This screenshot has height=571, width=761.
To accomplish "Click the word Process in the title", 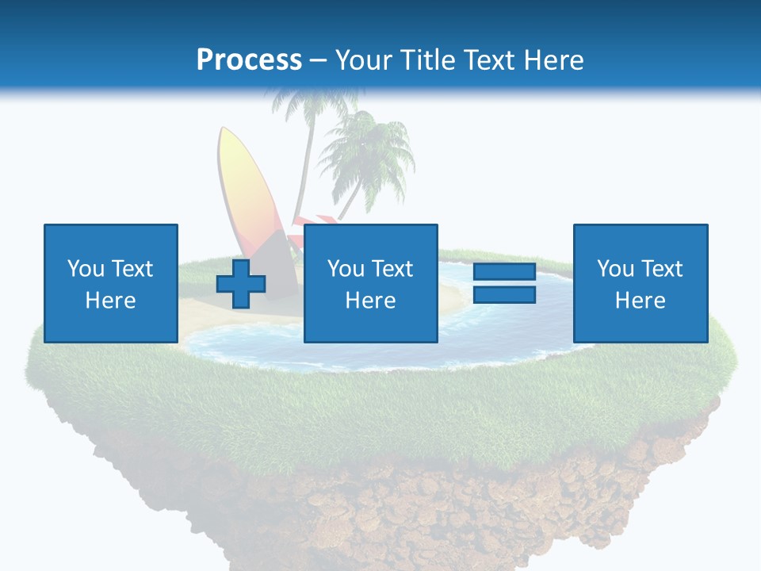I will click(x=249, y=59).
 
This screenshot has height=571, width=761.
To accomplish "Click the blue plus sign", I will click(x=241, y=284).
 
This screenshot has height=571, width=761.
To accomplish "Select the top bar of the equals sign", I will click(x=504, y=272).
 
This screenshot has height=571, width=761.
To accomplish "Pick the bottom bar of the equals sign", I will click(x=504, y=295).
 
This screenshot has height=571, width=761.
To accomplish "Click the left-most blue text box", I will click(x=110, y=283).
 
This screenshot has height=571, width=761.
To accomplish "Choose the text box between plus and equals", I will click(x=370, y=283).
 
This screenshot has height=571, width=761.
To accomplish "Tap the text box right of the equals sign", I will click(x=640, y=283).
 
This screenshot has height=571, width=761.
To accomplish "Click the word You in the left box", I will click(x=84, y=269).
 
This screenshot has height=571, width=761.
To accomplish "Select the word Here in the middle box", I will click(x=370, y=301).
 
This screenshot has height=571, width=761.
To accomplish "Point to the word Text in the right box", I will click(x=662, y=269).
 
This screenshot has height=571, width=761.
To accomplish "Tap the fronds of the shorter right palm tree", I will click(x=369, y=147).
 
